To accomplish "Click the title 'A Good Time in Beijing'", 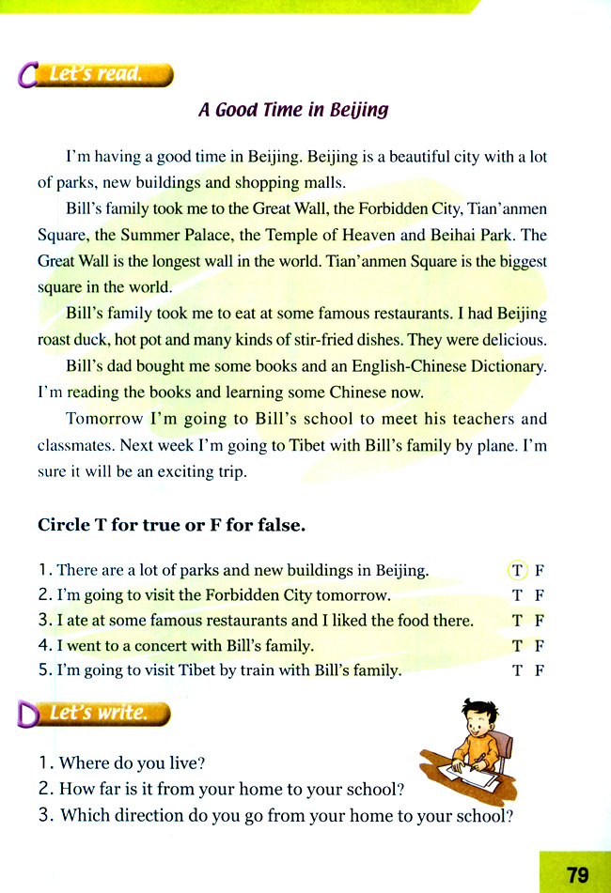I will (x=293, y=110).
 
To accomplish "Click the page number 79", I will (x=577, y=874).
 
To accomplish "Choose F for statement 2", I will (x=540, y=595).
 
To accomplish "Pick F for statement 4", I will (x=540, y=646).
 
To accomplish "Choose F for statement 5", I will (x=540, y=670).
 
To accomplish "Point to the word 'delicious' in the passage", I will (x=511, y=339).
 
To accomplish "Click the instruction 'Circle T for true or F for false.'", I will (x=172, y=526).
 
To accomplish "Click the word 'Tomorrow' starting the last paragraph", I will (x=104, y=419).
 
